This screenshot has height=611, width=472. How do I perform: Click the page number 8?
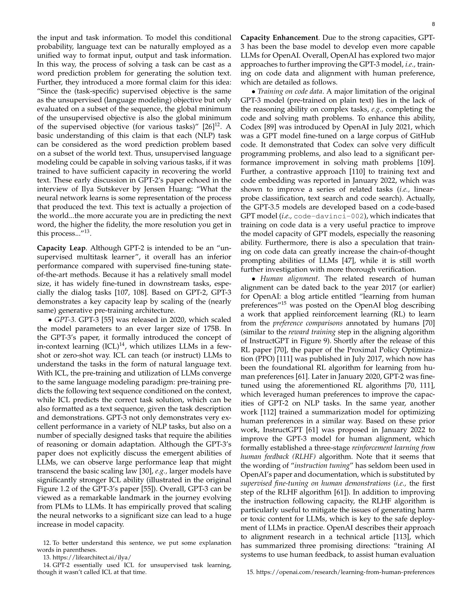433,24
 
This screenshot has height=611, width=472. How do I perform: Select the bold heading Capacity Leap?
61,248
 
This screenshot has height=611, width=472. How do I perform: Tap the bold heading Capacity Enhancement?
279,38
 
